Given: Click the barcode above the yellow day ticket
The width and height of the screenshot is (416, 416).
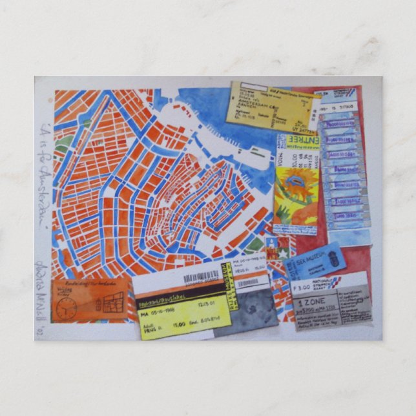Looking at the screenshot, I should (x=202, y=278).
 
